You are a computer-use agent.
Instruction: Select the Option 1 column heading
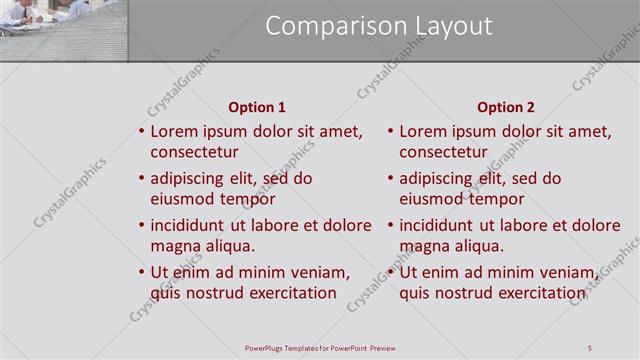(x=257, y=107)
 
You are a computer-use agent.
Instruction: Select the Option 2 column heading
(x=506, y=107)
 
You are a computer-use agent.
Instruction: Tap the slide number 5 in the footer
(x=590, y=347)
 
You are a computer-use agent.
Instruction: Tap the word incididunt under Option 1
(x=190, y=225)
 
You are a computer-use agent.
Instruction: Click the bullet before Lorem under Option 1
(x=142, y=132)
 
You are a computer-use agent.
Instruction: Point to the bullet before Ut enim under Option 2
(x=391, y=272)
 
